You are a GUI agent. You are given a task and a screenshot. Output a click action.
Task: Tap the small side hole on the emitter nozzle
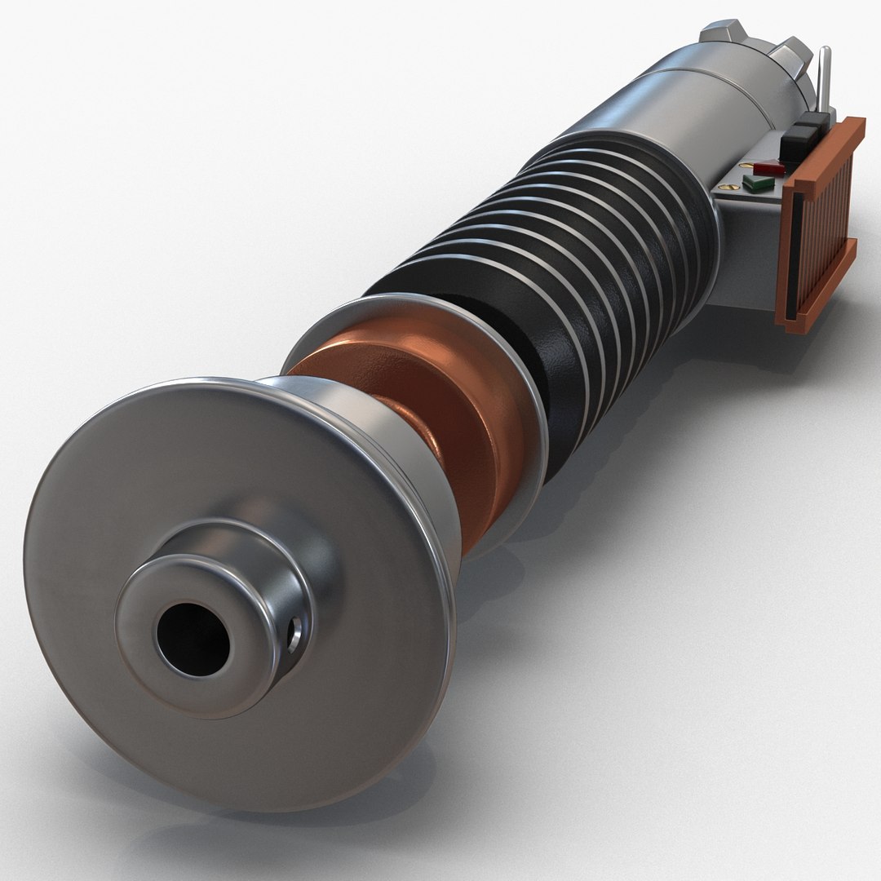(294, 633)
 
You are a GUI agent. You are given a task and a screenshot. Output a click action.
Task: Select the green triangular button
(758, 183)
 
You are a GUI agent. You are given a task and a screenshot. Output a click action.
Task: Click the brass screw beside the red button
(745, 165)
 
